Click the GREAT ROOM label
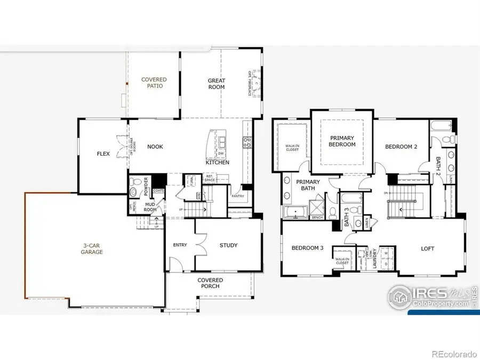tap(217, 84)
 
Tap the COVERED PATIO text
tap(154, 83)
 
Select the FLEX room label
tap(103, 154)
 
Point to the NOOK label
tap(155, 147)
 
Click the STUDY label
tap(228, 245)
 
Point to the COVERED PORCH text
tap(210, 283)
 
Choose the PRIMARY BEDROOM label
tap(342, 141)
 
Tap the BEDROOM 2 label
tap(401, 147)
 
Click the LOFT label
tap(428, 249)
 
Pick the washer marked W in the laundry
tap(386, 254)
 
